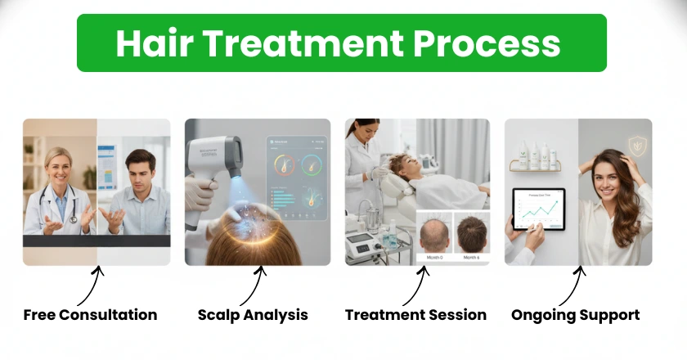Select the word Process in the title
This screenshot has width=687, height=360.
(x=498, y=43)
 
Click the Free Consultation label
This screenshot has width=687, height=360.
(x=90, y=315)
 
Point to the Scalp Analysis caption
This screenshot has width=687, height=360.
(x=253, y=315)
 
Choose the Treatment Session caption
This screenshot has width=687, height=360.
(x=415, y=315)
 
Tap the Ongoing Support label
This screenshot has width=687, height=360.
(x=576, y=315)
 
